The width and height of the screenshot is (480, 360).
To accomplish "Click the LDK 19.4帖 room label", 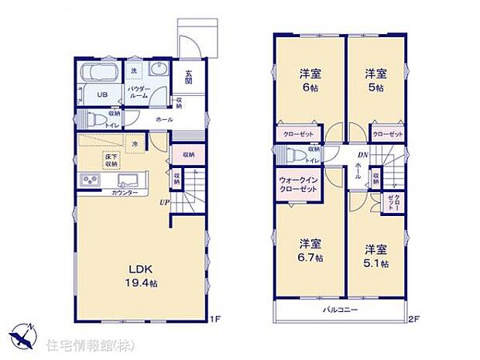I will point(142,275).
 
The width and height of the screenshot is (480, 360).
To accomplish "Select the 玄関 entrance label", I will point(189,78).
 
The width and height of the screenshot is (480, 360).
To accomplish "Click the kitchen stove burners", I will point(88,181).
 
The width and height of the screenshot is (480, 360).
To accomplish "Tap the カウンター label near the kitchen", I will point(125,193).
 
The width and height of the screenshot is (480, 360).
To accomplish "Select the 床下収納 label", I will point(111,160).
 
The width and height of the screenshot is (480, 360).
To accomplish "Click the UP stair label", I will point(165,203).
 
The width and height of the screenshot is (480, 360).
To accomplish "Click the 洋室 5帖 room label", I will point(376,81).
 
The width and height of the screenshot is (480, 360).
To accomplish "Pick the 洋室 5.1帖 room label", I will point(376,255).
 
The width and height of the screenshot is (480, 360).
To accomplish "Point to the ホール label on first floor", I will point(164,120).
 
